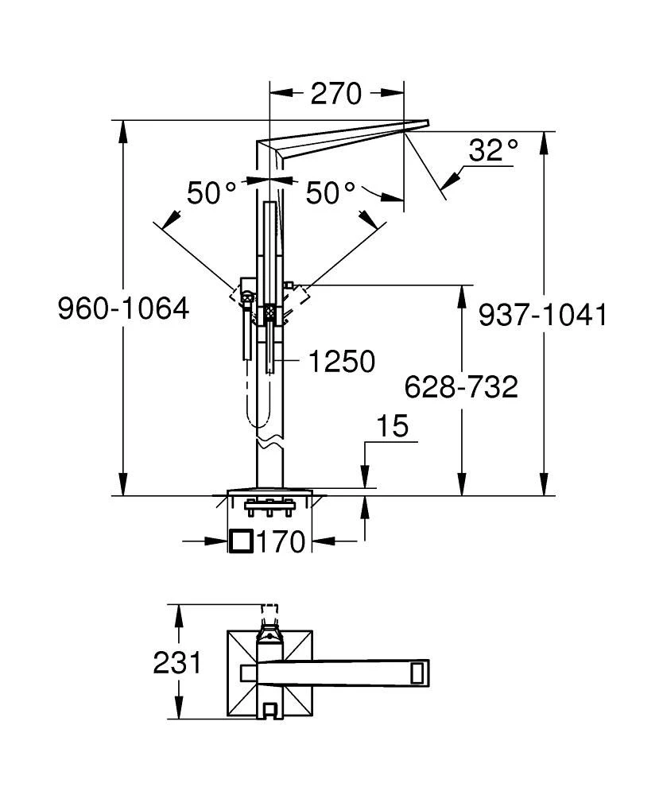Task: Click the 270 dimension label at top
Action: (335, 94)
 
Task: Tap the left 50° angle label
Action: (211, 193)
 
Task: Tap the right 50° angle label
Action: (331, 193)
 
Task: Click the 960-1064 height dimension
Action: (123, 308)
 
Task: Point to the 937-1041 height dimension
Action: (542, 315)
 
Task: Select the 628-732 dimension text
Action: (461, 387)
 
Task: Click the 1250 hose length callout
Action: (341, 363)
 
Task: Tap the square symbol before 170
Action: (241, 542)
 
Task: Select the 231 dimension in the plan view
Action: (177, 662)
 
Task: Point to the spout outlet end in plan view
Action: (420, 672)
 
